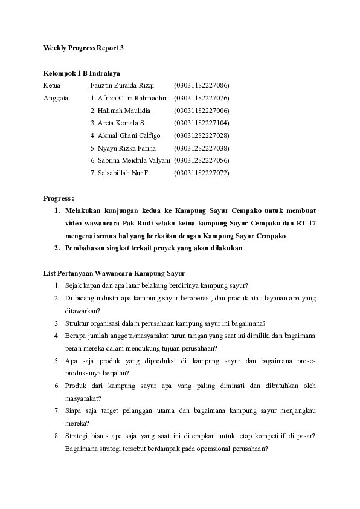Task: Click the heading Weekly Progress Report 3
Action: [83, 47]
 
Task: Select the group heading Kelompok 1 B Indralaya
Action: [82, 73]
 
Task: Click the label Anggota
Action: [56, 98]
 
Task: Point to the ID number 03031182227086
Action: [201, 85]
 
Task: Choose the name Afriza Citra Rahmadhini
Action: [130, 98]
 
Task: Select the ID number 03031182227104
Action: [201, 123]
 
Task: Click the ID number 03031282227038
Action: [201, 148]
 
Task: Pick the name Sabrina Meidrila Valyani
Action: [130, 160]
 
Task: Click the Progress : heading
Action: [59, 198]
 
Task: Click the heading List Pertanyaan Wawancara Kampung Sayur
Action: [114, 273]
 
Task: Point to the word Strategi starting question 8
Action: [77, 435]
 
